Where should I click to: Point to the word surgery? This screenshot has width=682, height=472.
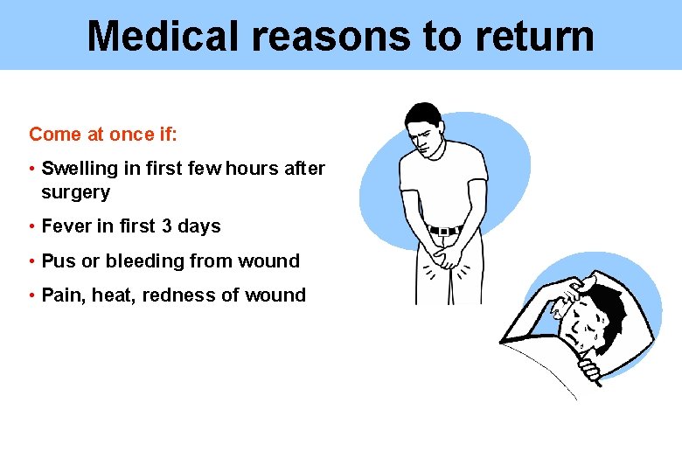point(75,191)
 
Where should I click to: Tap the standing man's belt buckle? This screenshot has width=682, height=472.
point(443,231)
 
